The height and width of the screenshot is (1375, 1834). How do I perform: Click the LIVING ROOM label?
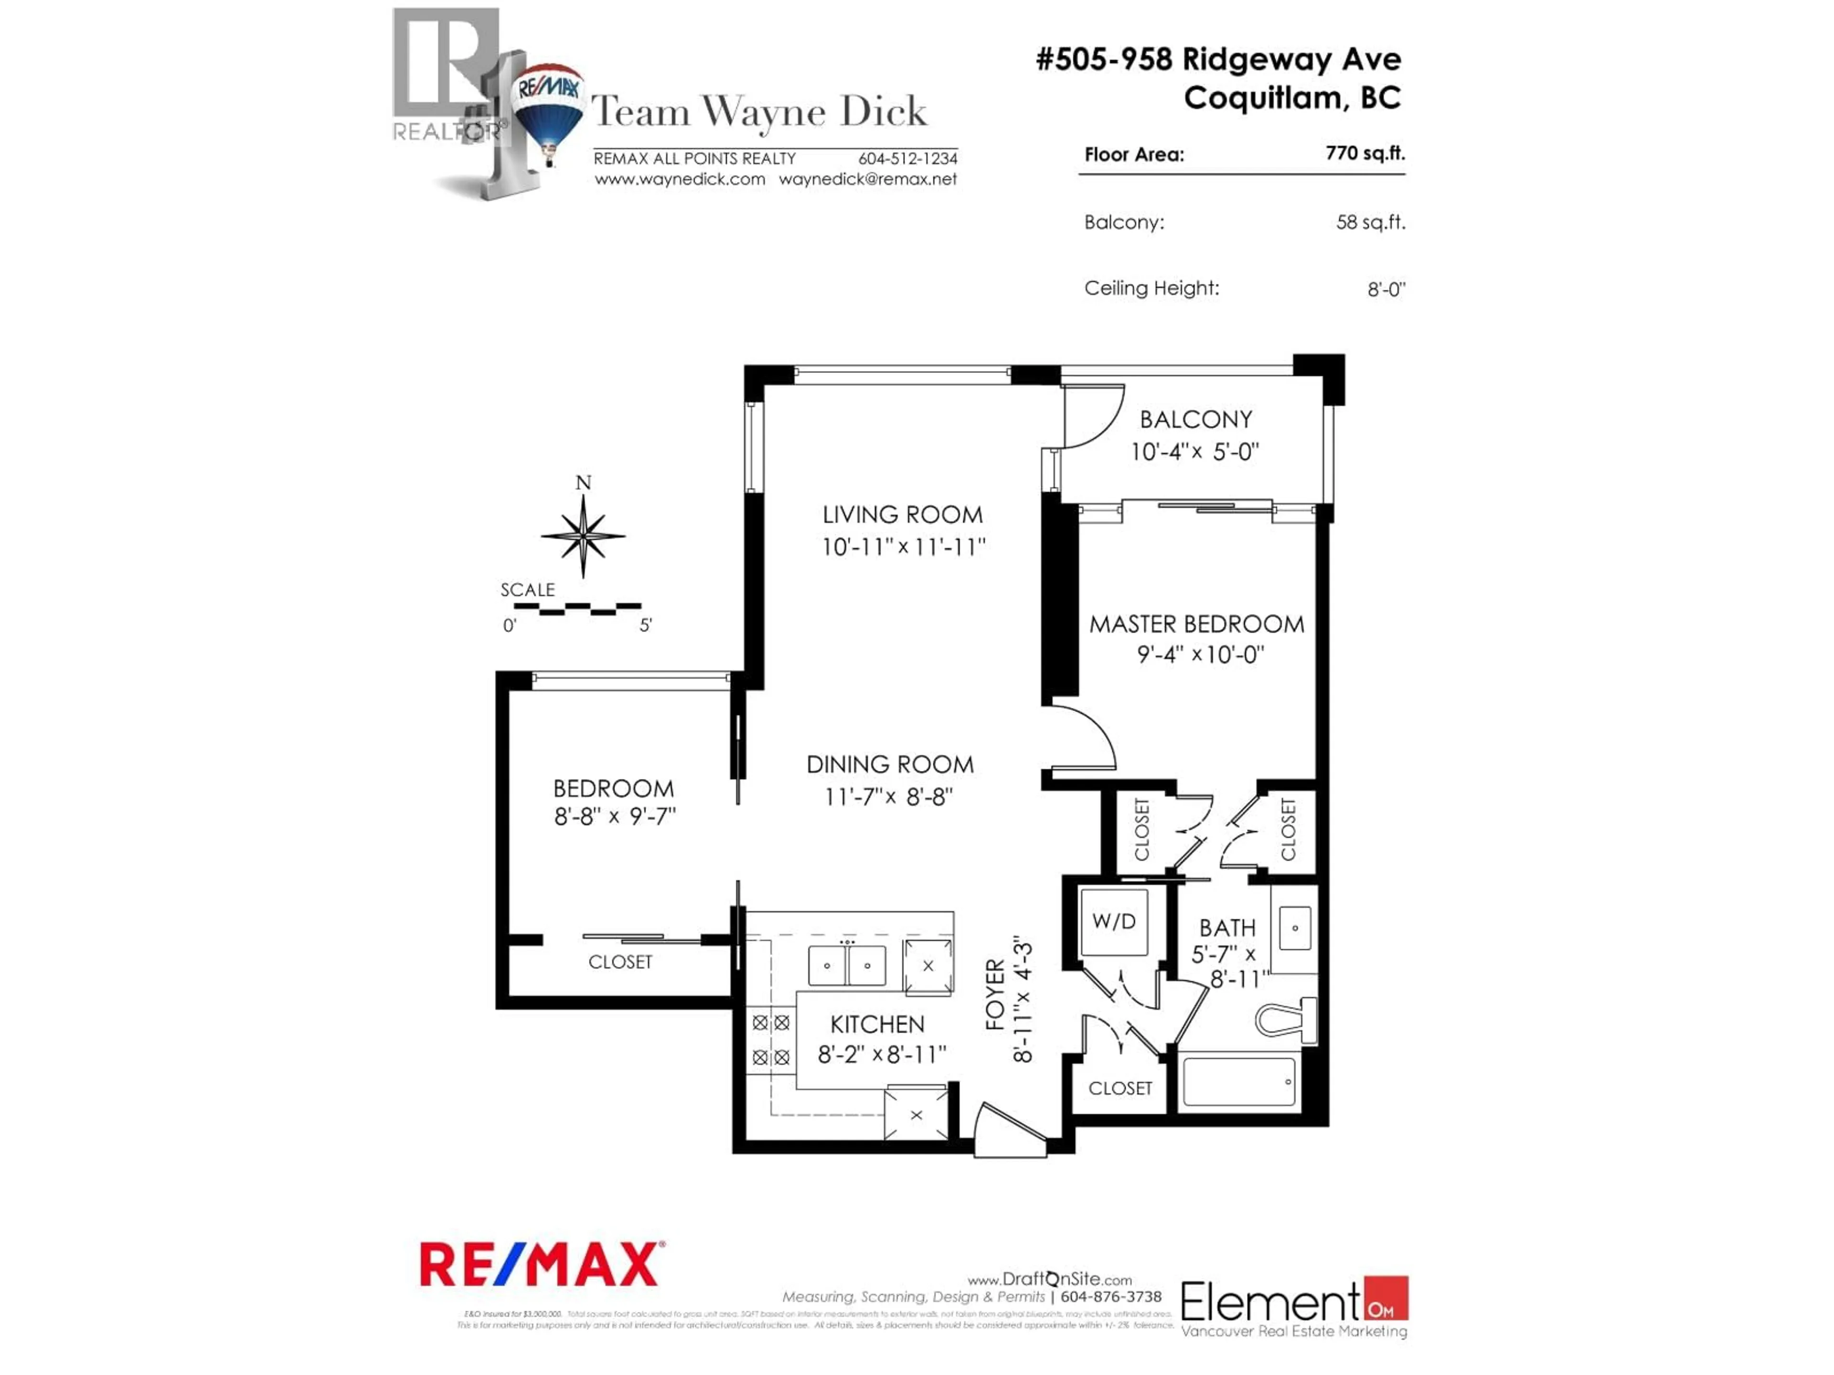click(x=902, y=515)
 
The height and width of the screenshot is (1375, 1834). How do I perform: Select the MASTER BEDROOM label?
click(x=1196, y=624)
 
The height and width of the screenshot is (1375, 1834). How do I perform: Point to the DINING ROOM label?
click(x=890, y=764)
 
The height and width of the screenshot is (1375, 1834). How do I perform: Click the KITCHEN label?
click(x=877, y=1025)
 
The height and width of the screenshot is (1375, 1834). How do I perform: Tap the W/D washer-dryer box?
click(x=1113, y=921)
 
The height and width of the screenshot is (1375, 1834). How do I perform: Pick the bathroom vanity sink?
click(x=1294, y=928)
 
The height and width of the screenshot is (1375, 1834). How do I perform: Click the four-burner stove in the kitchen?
click(x=770, y=1040)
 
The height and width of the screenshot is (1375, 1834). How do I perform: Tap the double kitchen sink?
click(x=846, y=965)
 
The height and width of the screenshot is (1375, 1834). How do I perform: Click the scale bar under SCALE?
click(x=577, y=609)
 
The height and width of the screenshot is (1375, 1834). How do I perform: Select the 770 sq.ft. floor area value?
click(x=1365, y=153)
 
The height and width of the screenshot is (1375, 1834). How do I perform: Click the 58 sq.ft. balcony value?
click(x=1371, y=222)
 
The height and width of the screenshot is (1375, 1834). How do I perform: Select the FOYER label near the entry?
click(x=995, y=994)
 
